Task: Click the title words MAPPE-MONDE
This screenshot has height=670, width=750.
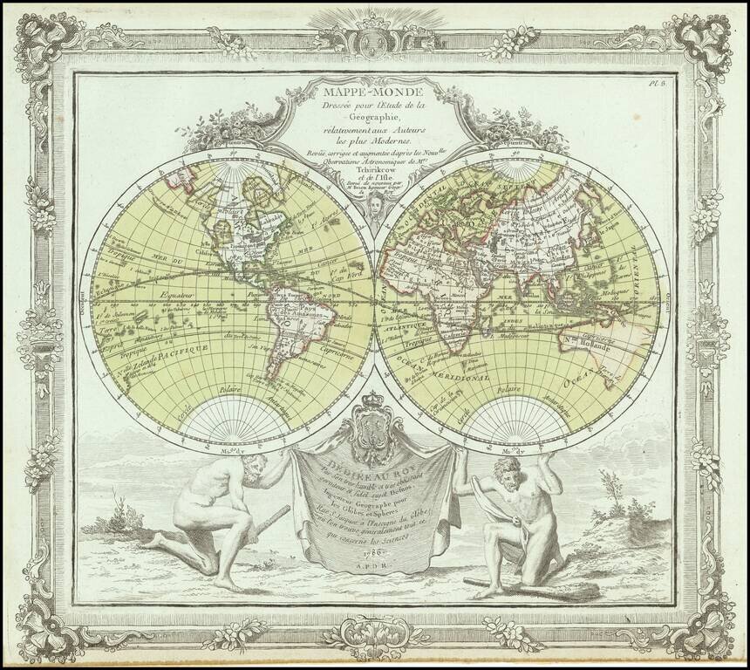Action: (374, 89)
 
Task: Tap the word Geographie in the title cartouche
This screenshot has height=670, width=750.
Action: (375, 117)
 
